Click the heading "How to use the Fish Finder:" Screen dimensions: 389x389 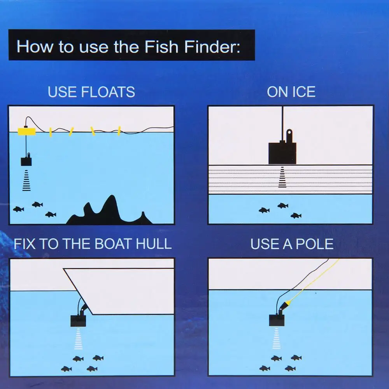(x=128, y=46)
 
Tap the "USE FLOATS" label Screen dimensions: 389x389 (x=91, y=92)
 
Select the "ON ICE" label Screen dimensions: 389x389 (x=291, y=92)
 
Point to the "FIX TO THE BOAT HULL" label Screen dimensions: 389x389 (x=93, y=244)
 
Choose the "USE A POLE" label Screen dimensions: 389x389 (x=292, y=244)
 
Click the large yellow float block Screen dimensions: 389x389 (x=26, y=131)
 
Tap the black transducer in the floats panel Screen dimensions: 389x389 (x=26, y=161)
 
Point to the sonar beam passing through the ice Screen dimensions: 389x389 (x=282, y=177)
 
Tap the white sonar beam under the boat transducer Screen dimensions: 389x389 (x=79, y=339)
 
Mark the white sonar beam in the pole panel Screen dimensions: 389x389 (x=277, y=338)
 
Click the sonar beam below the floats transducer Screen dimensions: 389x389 (x=26, y=180)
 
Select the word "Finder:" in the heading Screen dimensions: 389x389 (x=212, y=46)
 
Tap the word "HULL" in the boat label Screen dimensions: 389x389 (x=154, y=244)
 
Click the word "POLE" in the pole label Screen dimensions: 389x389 (x=315, y=244)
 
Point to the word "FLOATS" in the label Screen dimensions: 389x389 (x=108, y=92)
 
